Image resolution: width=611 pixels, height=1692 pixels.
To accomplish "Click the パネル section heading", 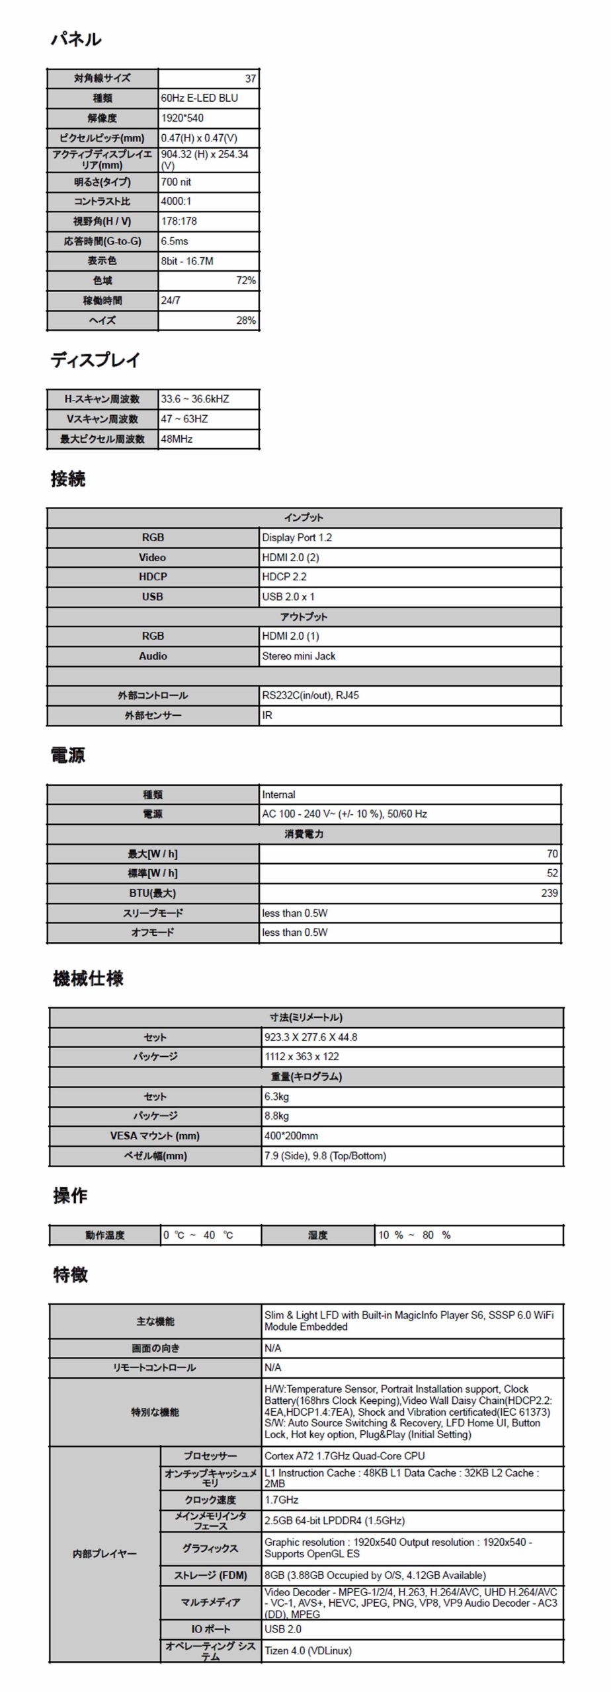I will [76, 40].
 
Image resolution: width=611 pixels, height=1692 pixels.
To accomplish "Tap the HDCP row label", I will [153, 577].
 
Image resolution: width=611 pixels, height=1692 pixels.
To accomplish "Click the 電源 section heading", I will [68, 755].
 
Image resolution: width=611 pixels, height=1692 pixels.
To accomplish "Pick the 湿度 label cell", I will [317, 1235].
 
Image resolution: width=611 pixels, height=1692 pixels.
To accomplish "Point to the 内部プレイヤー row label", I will [104, 1553].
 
